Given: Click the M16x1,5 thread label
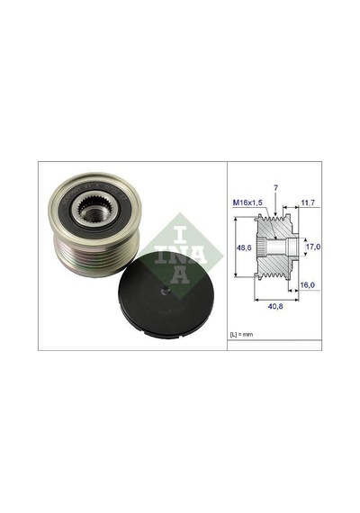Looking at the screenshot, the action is coord(247,202).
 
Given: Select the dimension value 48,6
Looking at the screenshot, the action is coord(244,248).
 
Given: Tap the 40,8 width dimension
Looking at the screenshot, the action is coord(275,307).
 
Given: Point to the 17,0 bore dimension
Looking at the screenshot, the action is coord(313,247).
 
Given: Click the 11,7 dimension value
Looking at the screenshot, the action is coord(308,202).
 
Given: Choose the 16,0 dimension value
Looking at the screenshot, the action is coord(307,285).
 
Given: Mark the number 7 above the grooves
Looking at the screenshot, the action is coord(276,188).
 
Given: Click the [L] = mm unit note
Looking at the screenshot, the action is coord(241,335).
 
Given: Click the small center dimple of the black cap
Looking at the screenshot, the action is coord(166,289).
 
